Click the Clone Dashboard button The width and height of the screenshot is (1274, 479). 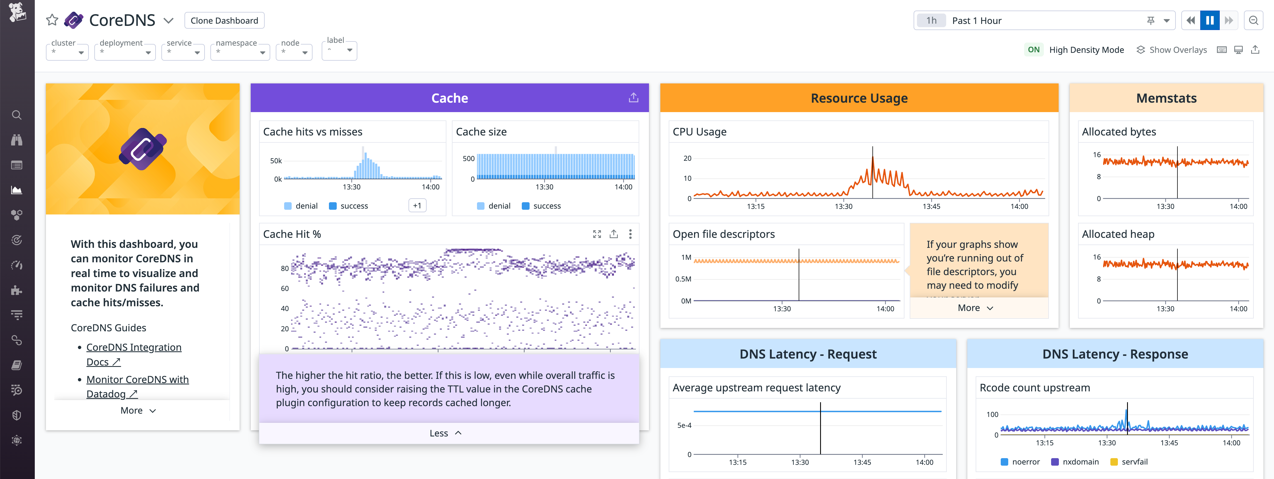click(224, 20)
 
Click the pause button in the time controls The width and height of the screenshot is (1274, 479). click(1210, 20)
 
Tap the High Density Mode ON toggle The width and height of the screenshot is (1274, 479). click(1033, 50)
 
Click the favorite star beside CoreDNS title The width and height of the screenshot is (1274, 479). click(52, 20)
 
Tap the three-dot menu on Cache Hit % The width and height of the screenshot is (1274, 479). click(630, 234)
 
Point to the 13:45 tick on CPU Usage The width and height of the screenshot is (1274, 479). click(931, 206)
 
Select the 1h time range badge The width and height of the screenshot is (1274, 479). click(931, 20)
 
